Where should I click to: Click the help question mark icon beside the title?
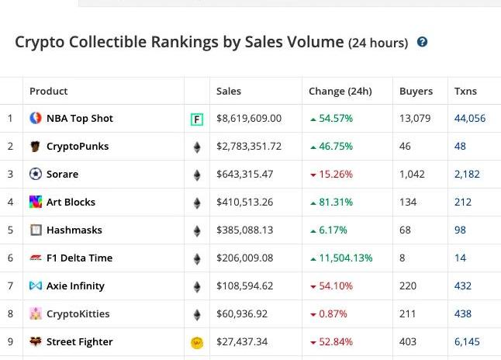(423, 42)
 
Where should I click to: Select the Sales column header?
(229, 91)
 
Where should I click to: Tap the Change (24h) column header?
(340, 91)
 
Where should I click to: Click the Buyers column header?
(416, 91)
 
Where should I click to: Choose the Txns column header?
(465, 91)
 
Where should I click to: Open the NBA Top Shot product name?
(79, 119)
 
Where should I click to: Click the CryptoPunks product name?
(78, 147)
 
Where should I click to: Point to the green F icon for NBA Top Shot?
(197, 119)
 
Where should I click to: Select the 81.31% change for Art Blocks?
(335, 202)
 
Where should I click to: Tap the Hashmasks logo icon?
(36, 230)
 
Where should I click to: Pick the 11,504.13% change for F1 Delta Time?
(345, 258)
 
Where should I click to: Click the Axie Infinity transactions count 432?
(463, 286)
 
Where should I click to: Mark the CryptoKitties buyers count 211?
(408, 314)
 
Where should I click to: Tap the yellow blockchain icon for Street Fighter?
(197, 342)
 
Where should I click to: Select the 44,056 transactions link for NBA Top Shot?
(470, 119)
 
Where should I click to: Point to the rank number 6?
(11, 258)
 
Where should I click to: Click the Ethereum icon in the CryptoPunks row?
(197, 147)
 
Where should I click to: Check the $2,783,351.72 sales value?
(249, 147)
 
